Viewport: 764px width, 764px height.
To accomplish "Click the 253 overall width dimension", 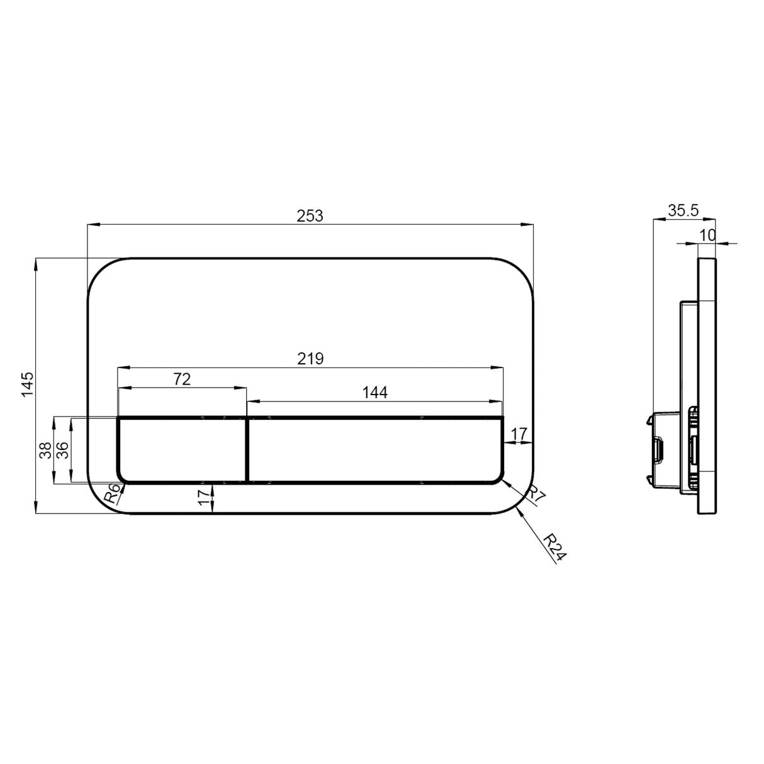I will pos(310,216).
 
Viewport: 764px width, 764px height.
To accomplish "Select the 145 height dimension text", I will pos(27,385).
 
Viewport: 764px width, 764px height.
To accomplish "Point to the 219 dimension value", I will pos(310,359).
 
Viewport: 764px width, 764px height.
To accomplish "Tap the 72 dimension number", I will pos(181,379).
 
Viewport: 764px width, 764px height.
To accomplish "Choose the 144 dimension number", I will pos(375,393).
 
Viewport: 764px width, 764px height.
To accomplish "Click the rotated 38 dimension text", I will pos(45,451).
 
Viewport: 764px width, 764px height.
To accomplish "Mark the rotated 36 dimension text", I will pos(62,451).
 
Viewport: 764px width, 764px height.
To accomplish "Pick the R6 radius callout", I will pos(112,493).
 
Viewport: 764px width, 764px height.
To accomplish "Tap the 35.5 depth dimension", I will pos(683,211).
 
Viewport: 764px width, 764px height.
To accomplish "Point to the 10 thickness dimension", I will pos(707,235).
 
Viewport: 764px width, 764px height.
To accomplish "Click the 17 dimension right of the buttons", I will pos(518,434).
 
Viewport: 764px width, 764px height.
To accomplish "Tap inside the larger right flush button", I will pos(375,450).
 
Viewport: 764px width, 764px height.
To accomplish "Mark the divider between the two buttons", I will pos(247,450).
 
